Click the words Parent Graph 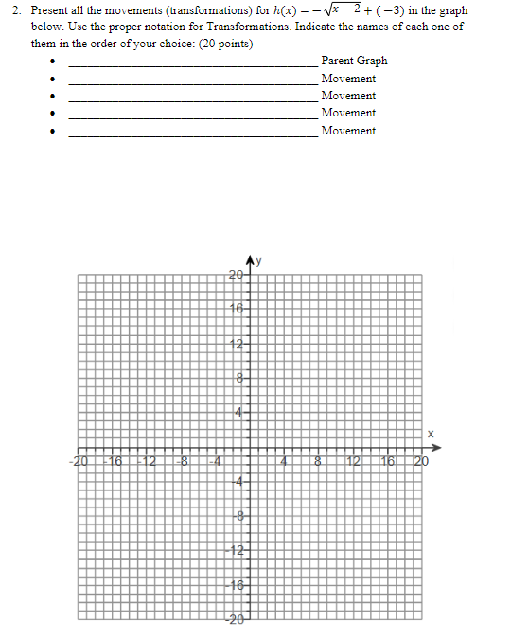(354, 61)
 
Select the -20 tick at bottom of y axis (237, 620)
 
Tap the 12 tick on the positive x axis (353, 462)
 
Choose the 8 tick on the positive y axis (240, 378)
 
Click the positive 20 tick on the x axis (421, 462)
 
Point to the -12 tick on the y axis (237, 551)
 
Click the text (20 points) (220, 44)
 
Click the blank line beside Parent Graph (193, 64)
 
